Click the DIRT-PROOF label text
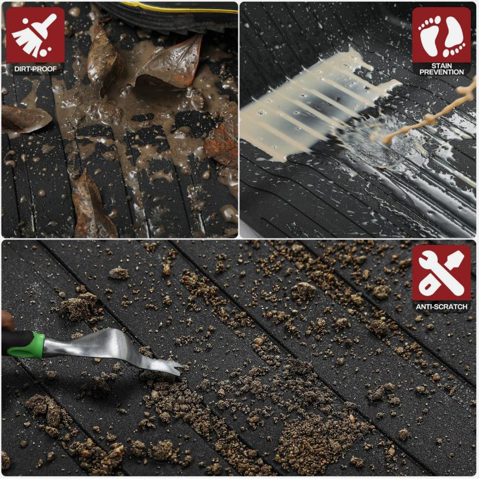coord(35,69)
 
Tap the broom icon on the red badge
coord(34,35)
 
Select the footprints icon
coord(442,36)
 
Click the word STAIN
coord(442,66)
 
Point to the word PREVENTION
coord(442,72)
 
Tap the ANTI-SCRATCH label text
coord(442,307)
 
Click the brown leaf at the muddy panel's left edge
coord(25,119)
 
